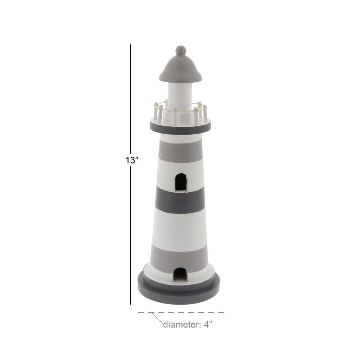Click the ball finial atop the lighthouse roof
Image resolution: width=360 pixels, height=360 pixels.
click(x=181, y=50)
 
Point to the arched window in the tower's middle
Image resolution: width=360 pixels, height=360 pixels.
click(x=181, y=182)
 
